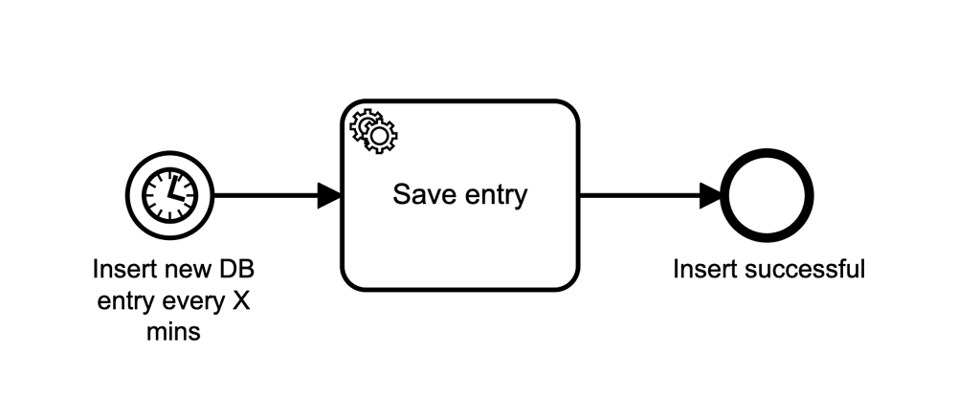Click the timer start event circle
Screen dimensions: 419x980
pos(169,195)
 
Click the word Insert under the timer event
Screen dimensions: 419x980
pos(119,269)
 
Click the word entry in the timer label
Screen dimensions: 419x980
pos(120,301)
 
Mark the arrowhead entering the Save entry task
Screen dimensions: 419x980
pos(329,195)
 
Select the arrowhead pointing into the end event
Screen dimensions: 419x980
pos(712,195)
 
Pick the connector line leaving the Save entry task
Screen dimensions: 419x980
pos(636,195)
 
